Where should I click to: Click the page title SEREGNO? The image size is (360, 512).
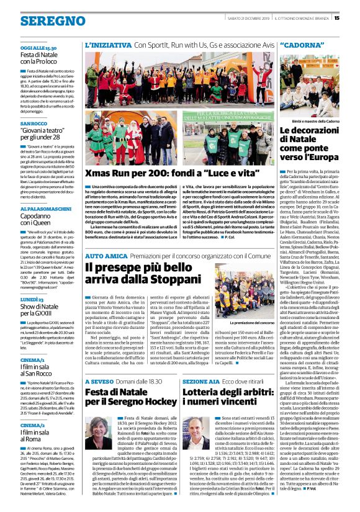point(44,21)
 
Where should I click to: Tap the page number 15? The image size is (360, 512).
point(354,17)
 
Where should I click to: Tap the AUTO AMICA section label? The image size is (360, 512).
point(107,256)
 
